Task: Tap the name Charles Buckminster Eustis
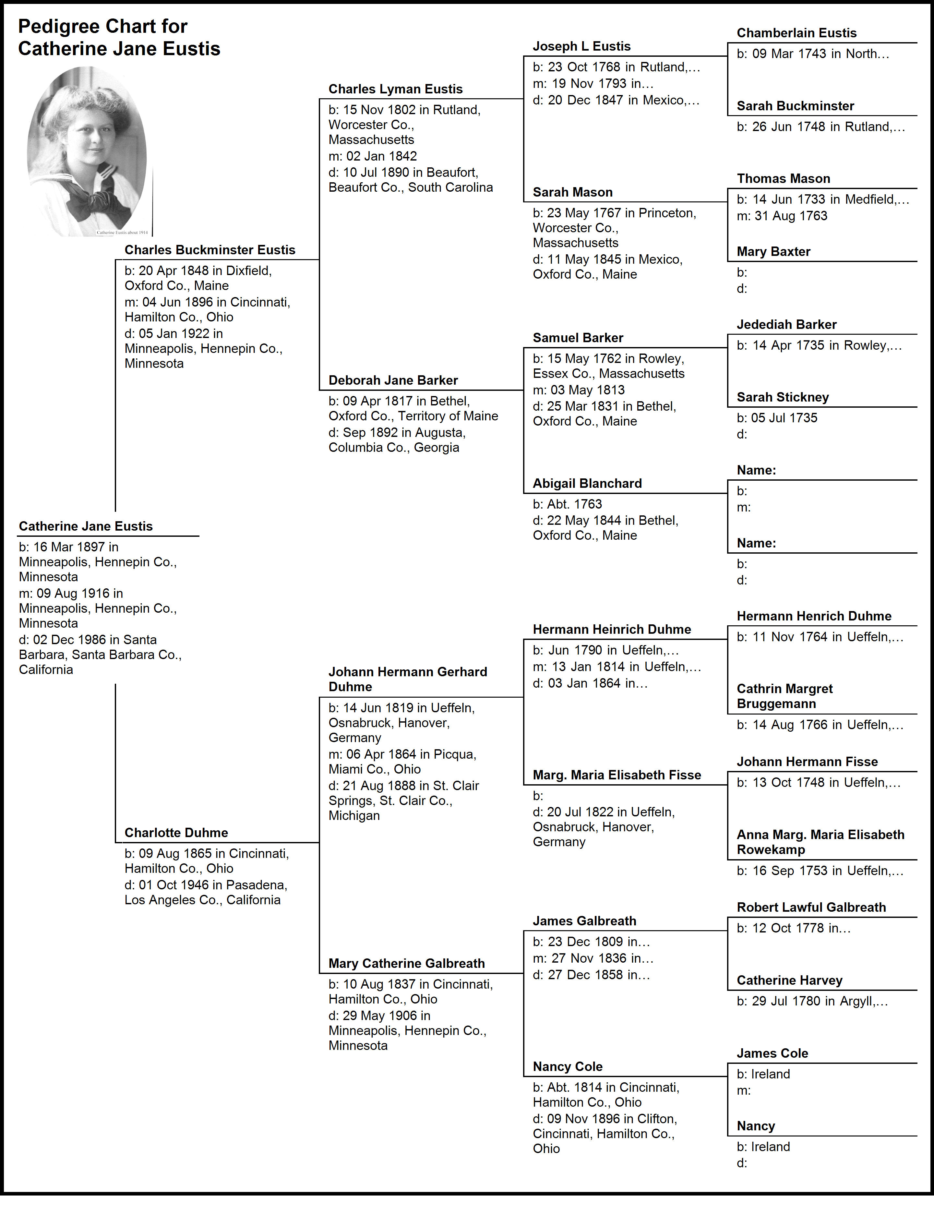point(210,250)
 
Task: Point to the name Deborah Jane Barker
point(393,380)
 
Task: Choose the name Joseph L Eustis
point(581,46)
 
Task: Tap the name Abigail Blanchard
point(587,483)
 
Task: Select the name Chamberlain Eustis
point(796,33)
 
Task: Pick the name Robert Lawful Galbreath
point(811,907)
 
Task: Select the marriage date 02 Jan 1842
point(381,156)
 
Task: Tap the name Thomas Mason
point(783,178)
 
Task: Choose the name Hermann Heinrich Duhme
point(612,630)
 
